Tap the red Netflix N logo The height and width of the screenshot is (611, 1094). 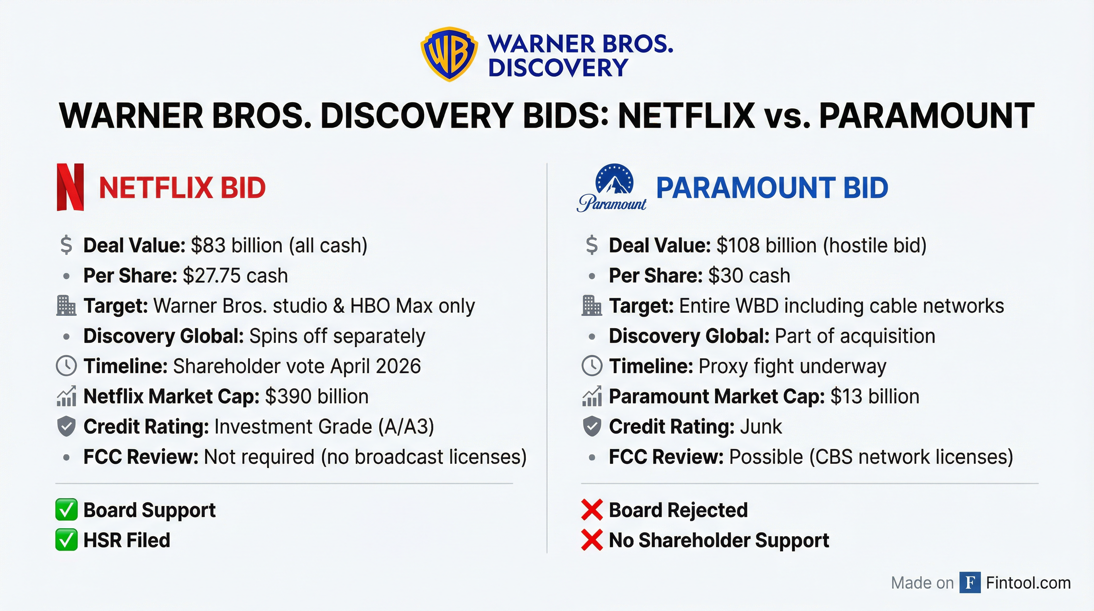pos(70,187)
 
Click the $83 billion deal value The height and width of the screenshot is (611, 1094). pos(236,245)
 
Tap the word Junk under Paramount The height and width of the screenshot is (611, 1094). pos(760,426)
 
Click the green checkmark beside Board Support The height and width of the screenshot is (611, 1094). pos(66,510)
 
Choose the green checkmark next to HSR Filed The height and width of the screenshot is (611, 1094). pos(66,540)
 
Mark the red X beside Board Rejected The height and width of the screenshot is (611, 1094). pos(592,510)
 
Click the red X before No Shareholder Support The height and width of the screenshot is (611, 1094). pos(592,540)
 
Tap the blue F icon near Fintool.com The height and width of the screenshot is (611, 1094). pos(970,582)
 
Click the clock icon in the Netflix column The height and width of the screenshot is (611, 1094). pos(66,366)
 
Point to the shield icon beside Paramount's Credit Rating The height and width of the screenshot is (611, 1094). pos(592,426)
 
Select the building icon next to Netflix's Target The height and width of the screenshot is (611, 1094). pos(66,306)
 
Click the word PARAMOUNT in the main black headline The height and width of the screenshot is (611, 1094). pos(926,116)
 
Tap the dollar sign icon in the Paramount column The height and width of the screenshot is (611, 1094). pos(592,245)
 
